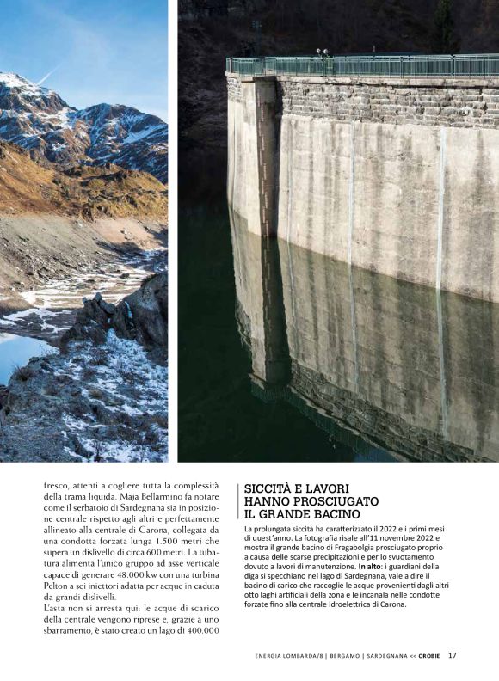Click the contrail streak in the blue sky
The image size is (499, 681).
click(x=52, y=72)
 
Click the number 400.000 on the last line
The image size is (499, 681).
click(x=199, y=631)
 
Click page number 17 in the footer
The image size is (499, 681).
click(x=452, y=655)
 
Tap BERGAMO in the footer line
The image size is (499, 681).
click(x=333, y=656)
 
